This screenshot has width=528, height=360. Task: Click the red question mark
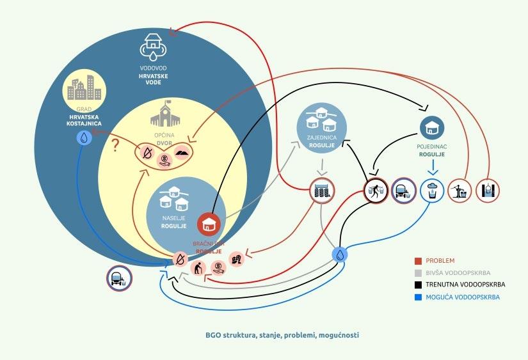[115, 146]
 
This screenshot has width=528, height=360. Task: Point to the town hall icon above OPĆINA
[163, 113]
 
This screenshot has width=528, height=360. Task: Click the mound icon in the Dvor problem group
[181, 153]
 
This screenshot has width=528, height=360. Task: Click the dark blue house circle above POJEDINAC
[433, 127]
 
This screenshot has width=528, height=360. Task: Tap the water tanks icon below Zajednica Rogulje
[322, 190]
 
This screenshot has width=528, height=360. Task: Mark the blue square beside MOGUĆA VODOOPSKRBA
[417, 297]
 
